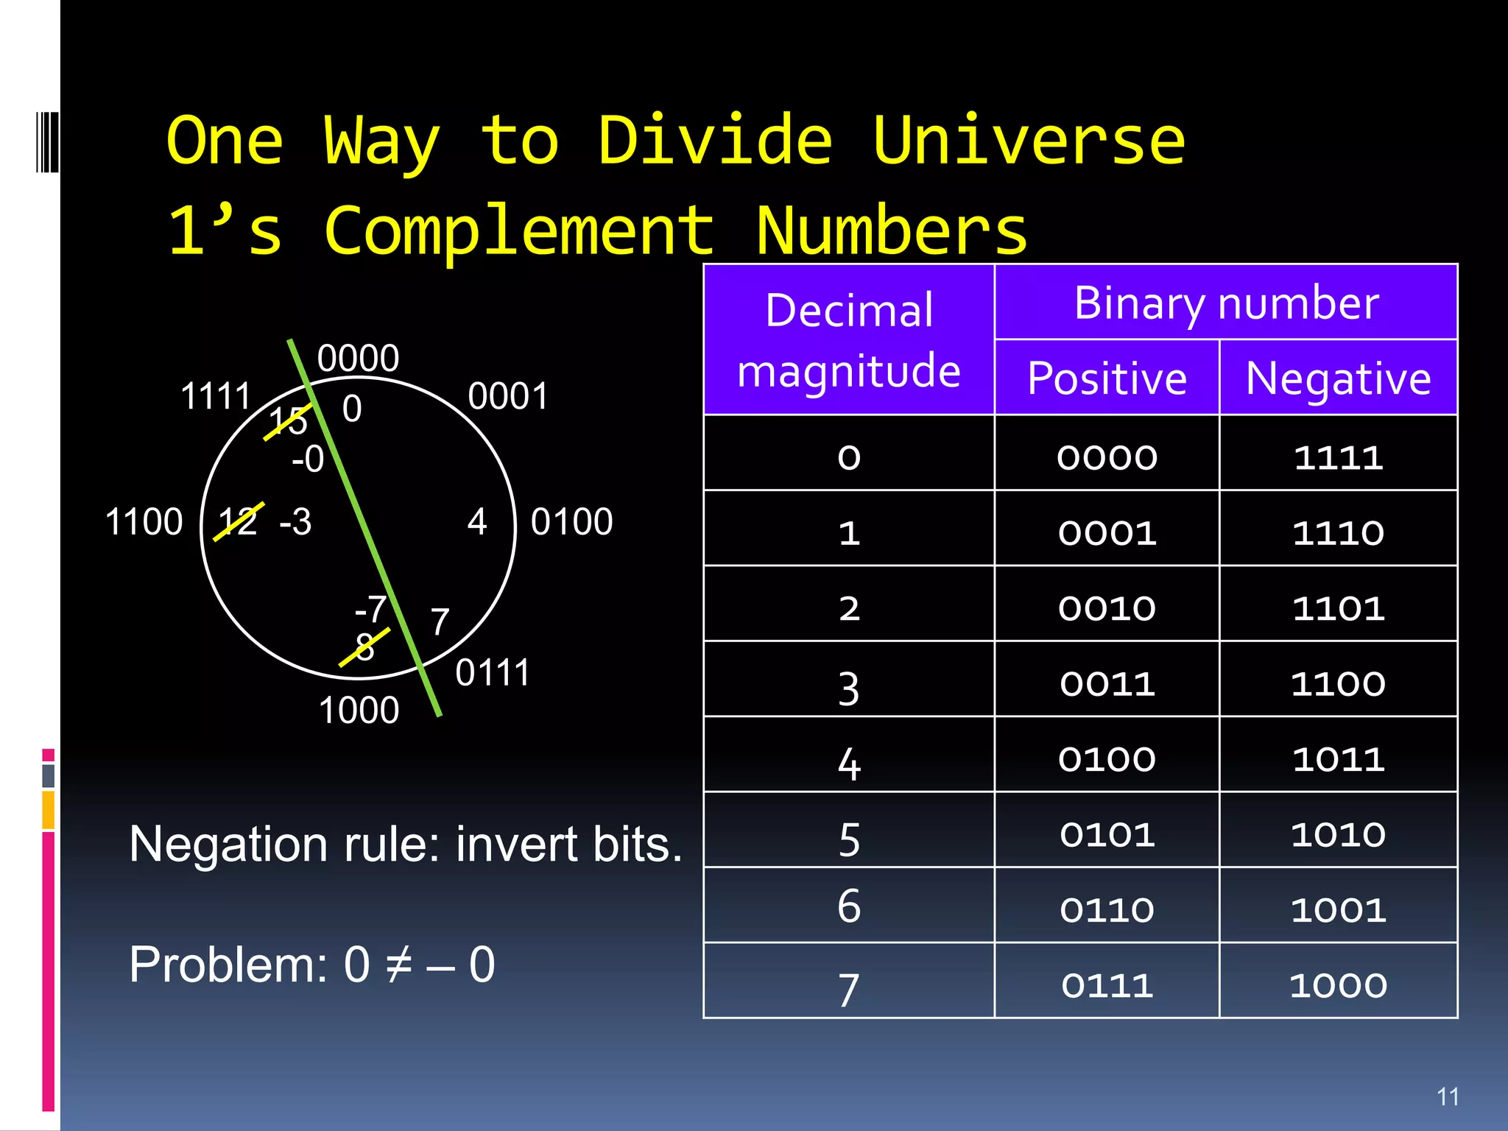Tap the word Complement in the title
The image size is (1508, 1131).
click(x=519, y=230)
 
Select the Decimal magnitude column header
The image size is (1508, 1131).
click(x=848, y=339)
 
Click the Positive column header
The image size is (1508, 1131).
click(x=1106, y=378)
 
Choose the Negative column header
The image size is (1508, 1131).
click(x=1338, y=378)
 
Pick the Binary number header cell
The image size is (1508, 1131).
click(x=1225, y=302)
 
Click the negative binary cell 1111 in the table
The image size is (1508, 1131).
click(x=1338, y=457)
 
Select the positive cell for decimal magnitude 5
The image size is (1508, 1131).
click(x=1106, y=834)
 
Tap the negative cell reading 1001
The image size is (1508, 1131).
click(x=1338, y=910)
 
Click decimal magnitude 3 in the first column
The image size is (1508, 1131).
click(x=848, y=688)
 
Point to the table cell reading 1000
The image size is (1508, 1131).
click(x=1338, y=985)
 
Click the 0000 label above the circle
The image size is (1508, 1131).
click(x=358, y=359)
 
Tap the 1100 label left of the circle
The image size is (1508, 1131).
click(x=144, y=522)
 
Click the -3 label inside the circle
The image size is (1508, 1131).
click(x=296, y=522)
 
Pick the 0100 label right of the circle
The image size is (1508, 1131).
click(x=571, y=522)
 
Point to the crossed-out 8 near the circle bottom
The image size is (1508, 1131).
click(x=364, y=647)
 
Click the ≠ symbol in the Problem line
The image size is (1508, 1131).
click(x=398, y=965)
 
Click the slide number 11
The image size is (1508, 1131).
click(x=1448, y=1096)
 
